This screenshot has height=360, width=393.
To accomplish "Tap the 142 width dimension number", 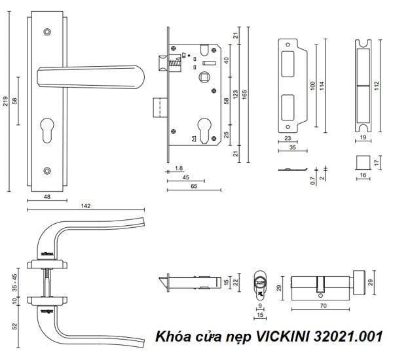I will pyautogui.click(x=86, y=206).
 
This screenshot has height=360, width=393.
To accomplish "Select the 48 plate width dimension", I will pyautogui.click(x=47, y=196).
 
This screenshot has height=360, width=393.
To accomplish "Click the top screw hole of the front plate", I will pyautogui.click(x=47, y=31).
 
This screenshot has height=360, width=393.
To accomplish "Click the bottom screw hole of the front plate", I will pyautogui.click(x=47, y=171).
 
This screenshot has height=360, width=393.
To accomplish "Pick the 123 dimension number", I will pyautogui.click(x=234, y=96).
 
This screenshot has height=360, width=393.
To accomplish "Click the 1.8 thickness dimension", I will pyautogui.click(x=179, y=168).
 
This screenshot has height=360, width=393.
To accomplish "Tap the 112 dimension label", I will pyautogui.click(x=377, y=86).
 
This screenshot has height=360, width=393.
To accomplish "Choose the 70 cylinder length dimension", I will pyautogui.click(x=322, y=304).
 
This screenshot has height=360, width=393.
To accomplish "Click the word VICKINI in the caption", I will pyautogui.click(x=296, y=337).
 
